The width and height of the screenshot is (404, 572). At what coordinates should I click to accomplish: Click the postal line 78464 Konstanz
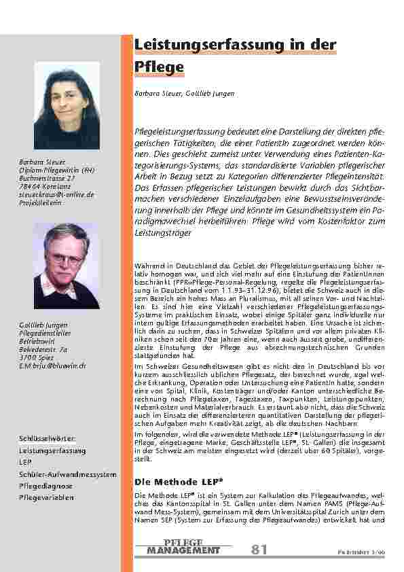coord(43,187)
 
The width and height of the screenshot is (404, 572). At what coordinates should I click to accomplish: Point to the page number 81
coord(259,549)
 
